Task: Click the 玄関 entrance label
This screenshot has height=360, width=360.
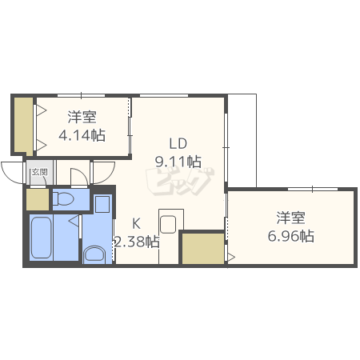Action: (x=40, y=172)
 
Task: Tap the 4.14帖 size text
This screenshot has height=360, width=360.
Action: (x=82, y=135)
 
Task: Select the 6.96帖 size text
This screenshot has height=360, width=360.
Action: (x=290, y=236)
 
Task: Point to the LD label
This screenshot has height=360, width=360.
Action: (x=178, y=143)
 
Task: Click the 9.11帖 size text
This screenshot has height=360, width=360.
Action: (x=178, y=162)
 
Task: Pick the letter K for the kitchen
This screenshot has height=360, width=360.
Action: (x=136, y=223)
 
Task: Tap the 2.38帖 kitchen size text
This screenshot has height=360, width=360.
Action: (x=137, y=242)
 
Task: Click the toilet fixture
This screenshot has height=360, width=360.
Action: (x=62, y=199)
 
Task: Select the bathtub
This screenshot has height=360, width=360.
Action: (x=41, y=238)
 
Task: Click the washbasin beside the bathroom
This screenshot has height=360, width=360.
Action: (x=94, y=254)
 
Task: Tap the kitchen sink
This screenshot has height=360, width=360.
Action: (x=168, y=224)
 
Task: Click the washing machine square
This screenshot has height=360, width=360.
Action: (x=102, y=204)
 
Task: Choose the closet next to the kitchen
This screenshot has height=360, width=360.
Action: (x=203, y=248)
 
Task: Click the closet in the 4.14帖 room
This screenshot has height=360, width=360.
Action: (x=23, y=126)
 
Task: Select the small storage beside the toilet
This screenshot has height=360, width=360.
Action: (x=38, y=199)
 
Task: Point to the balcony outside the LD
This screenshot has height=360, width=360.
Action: (x=242, y=141)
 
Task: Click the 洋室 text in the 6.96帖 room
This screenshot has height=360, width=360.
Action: (x=290, y=218)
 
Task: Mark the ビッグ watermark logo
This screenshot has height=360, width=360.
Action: (x=180, y=182)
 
